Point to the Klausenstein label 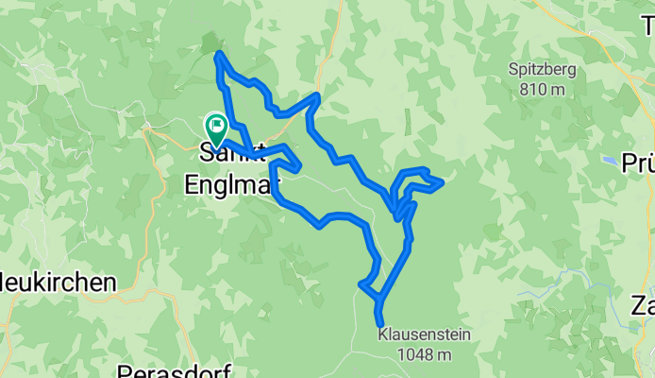[424, 335]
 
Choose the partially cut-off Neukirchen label [57, 282]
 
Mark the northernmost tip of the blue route [219, 54]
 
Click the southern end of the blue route [380, 325]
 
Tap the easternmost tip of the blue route [442, 181]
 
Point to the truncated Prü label [638, 159]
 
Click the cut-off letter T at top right [648, 26]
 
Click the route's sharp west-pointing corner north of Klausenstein [361, 283]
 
